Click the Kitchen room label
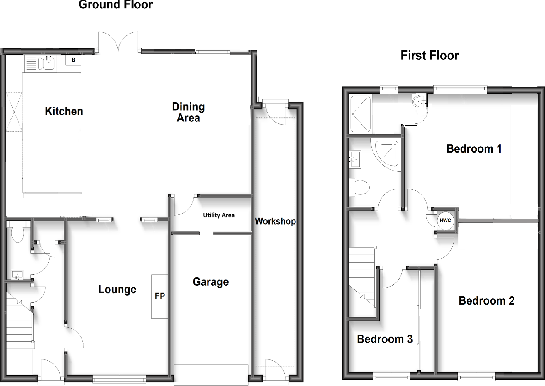click(x=64, y=111)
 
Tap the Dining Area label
click(x=188, y=112)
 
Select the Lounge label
click(x=117, y=289)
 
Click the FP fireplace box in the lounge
click(x=160, y=296)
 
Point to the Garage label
click(x=211, y=282)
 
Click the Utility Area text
click(x=219, y=215)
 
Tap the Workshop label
click(x=275, y=221)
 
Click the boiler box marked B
click(x=73, y=60)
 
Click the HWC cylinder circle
click(x=445, y=220)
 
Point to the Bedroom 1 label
click(x=474, y=149)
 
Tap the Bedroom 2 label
click(x=487, y=301)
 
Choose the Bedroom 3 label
click(x=385, y=339)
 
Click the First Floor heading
click(x=430, y=55)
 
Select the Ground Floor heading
click(x=116, y=5)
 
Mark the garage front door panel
click(x=211, y=375)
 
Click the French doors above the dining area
click(x=118, y=43)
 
